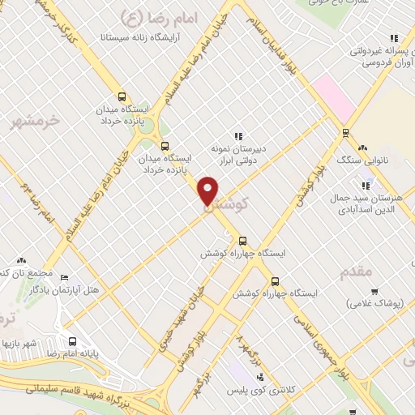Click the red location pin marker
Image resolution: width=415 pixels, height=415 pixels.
[208, 190]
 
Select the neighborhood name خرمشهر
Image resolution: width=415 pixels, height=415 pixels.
[36, 120]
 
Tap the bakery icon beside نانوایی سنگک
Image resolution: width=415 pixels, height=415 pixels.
[362, 148]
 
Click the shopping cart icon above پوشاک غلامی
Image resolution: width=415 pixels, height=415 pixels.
[374, 292]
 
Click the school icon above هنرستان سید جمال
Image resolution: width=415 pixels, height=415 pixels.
[366, 186]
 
